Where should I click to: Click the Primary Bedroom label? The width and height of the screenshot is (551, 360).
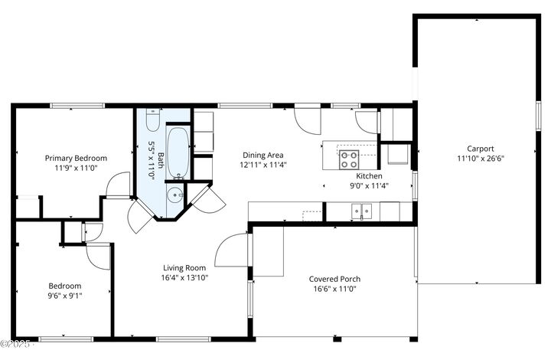75,158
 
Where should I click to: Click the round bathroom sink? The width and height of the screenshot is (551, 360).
174,195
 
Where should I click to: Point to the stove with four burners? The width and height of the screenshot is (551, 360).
350,159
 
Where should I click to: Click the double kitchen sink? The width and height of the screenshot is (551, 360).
360,210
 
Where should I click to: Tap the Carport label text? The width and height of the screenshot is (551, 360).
481,149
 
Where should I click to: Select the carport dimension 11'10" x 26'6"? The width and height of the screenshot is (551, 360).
481,159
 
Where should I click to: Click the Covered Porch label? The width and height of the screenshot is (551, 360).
334,279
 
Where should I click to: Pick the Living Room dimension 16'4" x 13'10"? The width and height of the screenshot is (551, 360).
185,277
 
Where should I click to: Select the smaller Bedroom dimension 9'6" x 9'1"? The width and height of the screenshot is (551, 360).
65,296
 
